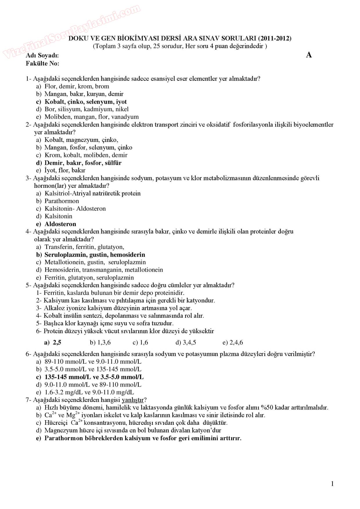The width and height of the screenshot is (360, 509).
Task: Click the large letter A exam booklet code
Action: [309, 55]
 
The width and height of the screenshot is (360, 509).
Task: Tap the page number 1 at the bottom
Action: [332, 483]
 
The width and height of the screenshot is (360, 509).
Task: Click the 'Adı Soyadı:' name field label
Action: [42, 55]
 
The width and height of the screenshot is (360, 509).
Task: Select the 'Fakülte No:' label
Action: [42, 63]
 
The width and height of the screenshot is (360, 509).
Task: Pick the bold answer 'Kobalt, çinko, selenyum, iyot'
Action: [85, 102]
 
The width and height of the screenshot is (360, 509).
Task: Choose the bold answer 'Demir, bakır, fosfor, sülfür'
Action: [83, 163]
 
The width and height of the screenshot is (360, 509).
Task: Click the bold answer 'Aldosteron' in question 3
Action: [60, 224]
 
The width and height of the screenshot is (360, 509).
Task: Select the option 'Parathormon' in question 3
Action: [62, 201]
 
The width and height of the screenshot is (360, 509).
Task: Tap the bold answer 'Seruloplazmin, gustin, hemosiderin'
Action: [95, 255]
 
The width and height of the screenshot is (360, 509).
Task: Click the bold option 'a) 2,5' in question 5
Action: [53, 342]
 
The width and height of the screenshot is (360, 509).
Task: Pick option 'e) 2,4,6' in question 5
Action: [233, 342]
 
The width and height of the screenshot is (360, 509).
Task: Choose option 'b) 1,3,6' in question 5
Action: [100, 342]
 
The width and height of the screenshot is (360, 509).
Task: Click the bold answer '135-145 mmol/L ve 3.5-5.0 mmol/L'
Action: [94, 377]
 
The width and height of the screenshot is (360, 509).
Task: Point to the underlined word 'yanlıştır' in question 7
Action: [133, 400]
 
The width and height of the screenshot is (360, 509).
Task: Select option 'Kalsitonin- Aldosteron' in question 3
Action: [75, 208]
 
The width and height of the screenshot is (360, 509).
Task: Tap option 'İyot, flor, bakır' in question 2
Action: [65, 170]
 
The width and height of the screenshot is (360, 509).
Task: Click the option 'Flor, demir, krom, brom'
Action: [77, 86]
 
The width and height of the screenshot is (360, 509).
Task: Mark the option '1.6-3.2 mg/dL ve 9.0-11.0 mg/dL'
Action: [89, 392]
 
